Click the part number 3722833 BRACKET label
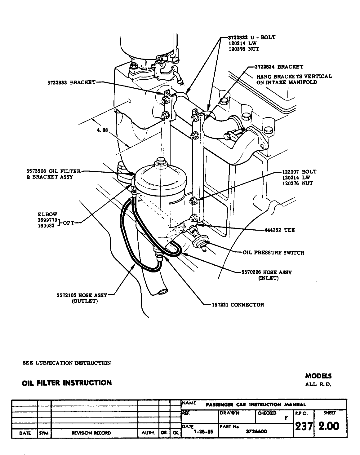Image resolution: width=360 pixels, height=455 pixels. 71,83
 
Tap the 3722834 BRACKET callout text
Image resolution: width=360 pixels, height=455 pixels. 279,67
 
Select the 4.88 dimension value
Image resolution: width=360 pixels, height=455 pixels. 102,130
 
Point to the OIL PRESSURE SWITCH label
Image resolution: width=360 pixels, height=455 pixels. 273,253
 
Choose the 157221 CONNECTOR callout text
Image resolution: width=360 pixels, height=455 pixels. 238,305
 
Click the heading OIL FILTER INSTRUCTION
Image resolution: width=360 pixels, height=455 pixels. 67,383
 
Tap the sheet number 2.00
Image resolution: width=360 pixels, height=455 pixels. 329,426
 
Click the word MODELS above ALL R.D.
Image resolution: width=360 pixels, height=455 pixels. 318,376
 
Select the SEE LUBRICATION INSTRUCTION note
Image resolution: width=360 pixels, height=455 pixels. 67,363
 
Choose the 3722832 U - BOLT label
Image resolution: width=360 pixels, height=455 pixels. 251,38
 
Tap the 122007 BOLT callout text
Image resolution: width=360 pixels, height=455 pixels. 299,172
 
